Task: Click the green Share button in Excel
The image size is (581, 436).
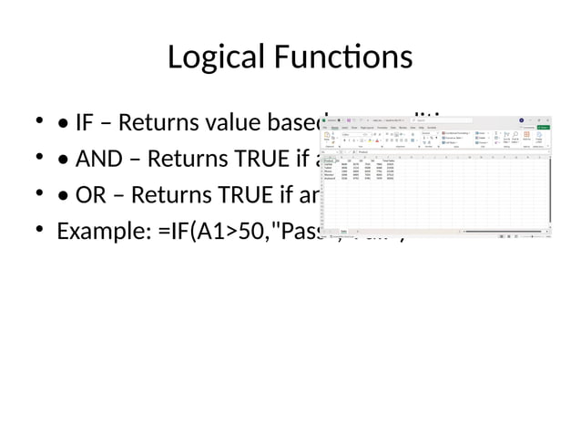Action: pos(543,128)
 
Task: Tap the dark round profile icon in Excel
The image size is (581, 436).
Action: pos(522,120)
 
